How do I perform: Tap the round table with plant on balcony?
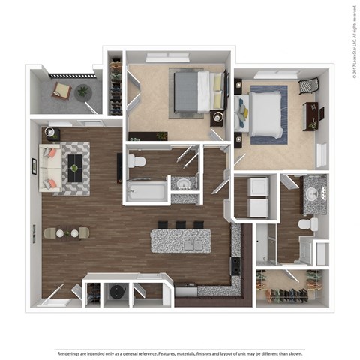[x=82, y=91]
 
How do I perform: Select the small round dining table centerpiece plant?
[x=67, y=232]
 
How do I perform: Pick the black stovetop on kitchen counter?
[x=235, y=264]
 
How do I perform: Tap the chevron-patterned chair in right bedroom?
[x=308, y=86]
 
